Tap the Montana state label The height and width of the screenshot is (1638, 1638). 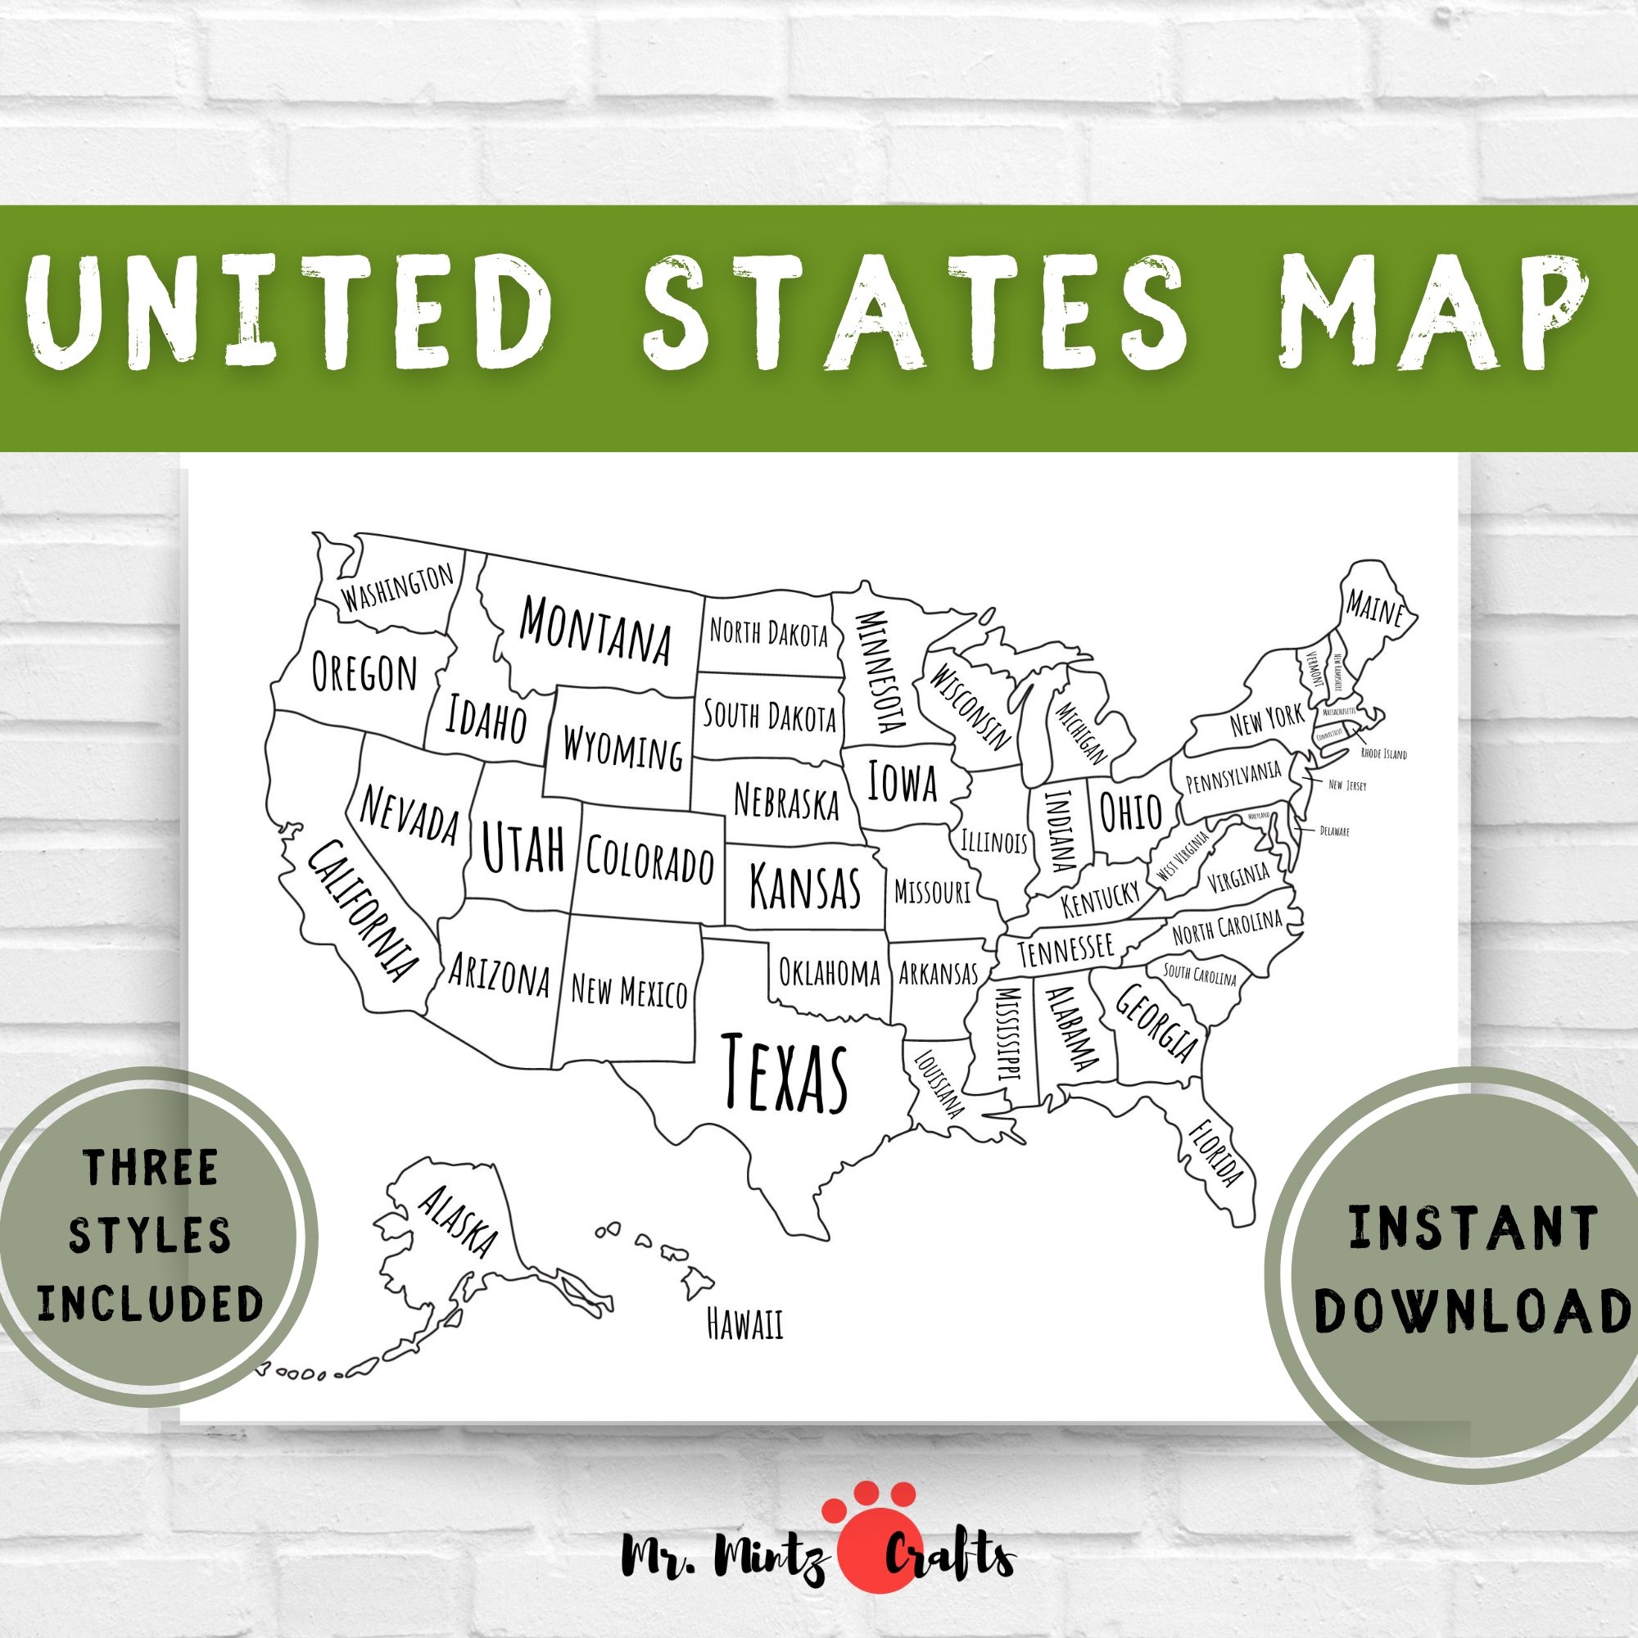tap(595, 629)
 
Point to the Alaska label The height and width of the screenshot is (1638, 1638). tap(458, 1222)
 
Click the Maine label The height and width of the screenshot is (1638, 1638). tap(1375, 608)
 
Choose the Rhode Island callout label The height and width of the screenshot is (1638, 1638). tap(1382, 753)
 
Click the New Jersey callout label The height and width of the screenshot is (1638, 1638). tap(1347, 786)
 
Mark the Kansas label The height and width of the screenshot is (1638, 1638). tap(804, 886)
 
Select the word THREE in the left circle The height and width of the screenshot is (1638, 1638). tap(151, 1167)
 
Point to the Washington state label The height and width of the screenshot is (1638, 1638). tap(396, 586)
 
